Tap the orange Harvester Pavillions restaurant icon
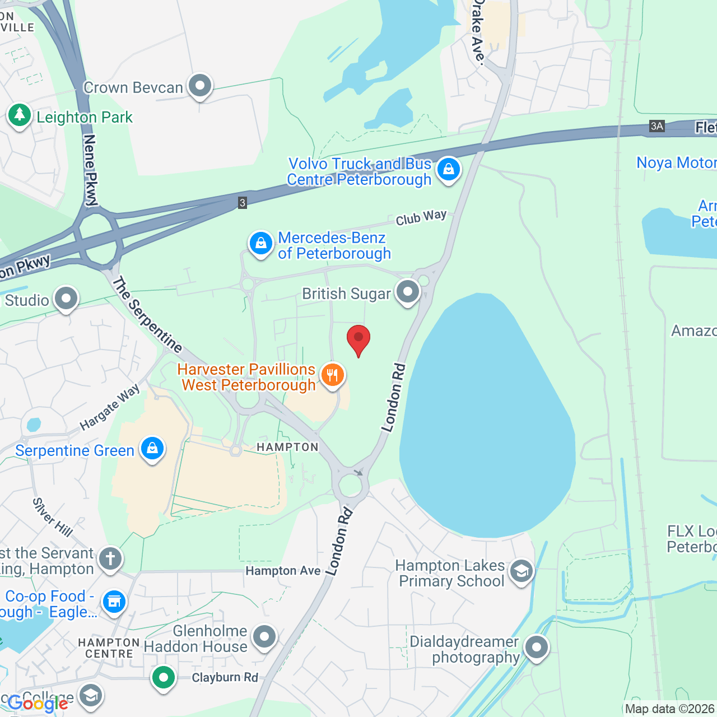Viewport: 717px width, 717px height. click(333, 375)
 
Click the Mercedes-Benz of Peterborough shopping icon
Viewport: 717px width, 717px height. click(260, 244)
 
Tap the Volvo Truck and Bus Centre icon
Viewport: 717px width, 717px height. click(449, 169)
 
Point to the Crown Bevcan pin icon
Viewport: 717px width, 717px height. click(200, 86)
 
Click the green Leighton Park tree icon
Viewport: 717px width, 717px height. click(20, 115)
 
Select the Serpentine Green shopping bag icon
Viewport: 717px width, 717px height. click(152, 449)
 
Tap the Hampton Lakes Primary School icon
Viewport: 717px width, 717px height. click(522, 572)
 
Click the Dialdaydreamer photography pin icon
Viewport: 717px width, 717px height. click(537, 648)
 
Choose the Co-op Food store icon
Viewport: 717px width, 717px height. click(114, 602)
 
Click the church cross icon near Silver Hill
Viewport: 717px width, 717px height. click(110, 558)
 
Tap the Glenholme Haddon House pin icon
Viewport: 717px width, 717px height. click(264, 637)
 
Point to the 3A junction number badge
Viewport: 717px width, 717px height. click(657, 126)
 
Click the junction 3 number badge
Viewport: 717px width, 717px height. click(242, 203)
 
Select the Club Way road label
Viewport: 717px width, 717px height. click(421, 217)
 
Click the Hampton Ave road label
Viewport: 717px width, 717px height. click(283, 571)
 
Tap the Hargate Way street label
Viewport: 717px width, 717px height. click(109, 407)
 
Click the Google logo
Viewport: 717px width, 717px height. click(38, 704)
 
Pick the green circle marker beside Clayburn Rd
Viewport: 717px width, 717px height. click(164, 678)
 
